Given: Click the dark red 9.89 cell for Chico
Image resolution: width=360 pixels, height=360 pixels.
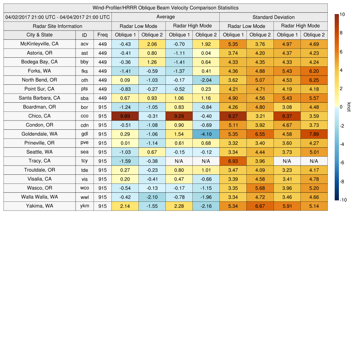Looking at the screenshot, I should click(x=125, y=116).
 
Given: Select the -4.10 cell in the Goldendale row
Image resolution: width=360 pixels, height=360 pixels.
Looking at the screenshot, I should click(x=206, y=134).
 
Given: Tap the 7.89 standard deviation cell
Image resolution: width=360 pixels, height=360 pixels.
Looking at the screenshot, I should click(x=314, y=134).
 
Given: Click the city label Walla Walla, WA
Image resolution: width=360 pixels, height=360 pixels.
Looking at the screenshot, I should click(x=39, y=197).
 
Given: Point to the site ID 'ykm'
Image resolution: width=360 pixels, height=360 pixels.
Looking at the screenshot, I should click(x=84, y=206).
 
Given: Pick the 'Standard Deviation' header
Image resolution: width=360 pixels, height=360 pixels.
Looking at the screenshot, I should click(x=273, y=17).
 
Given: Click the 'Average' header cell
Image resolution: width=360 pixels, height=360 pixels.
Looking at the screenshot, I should click(x=165, y=17).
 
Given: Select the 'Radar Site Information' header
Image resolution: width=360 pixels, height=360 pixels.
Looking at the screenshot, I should click(x=57, y=26).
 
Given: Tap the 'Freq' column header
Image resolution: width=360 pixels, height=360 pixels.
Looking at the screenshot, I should click(x=102, y=35).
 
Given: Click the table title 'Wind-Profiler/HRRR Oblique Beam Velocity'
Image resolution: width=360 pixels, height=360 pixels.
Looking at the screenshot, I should click(x=165, y=8).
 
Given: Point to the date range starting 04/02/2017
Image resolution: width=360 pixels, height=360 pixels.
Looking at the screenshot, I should click(x=57, y=17).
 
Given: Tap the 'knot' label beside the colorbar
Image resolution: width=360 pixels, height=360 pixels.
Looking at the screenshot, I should click(x=349, y=107).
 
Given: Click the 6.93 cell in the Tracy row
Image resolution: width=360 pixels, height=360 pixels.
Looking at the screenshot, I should click(x=233, y=161).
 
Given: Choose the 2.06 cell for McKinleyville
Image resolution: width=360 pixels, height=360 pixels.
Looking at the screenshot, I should click(x=152, y=44).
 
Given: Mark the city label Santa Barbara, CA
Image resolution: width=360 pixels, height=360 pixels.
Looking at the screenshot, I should click(x=39, y=98).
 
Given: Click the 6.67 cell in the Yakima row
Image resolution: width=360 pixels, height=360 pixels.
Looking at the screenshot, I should click(x=260, y=206).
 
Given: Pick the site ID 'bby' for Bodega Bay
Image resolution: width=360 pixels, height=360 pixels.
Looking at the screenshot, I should click(x=84, y=62).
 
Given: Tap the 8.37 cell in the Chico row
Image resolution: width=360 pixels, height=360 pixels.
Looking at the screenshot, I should click(x=287, y=116).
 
